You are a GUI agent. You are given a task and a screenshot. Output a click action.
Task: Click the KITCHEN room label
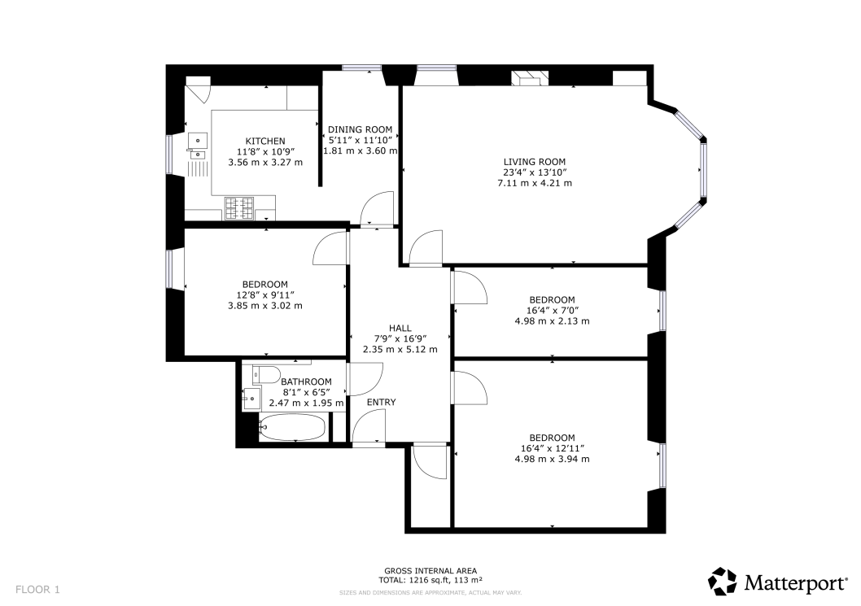pyautogui.click(x=265, y=141)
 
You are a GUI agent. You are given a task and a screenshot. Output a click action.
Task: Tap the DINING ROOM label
pyautogui.click(x=361, y=129)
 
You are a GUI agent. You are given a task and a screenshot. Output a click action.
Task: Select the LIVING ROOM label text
pyautogui.click(x=535, y=162)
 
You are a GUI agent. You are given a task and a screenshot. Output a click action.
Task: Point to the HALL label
pyautogui.click(x=400, y=329)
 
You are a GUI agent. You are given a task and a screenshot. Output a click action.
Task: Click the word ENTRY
pyautogui.click(x=381, y=403)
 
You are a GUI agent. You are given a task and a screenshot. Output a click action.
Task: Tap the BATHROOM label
pyautogui.click(x=307, y=381)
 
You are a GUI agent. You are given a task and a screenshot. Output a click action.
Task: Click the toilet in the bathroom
pyautogui.click(x=266, y=375)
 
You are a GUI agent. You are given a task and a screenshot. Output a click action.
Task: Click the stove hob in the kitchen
pyautogui.click(x=239, y=208)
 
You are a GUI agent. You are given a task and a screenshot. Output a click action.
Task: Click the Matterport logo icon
pyautogui.click(x=722, y=582)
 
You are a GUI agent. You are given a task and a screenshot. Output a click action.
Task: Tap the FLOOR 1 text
pyautogui.click(x=37, y=590)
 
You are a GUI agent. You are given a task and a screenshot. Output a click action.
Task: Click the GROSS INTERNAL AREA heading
pyautogui.click(x=430, y=571)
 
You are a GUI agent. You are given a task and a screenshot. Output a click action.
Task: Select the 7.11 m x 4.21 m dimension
pyautogui.click(x=535, y=183)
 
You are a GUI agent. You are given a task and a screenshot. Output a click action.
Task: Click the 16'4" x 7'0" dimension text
pyautogui.click(x=552, y=310)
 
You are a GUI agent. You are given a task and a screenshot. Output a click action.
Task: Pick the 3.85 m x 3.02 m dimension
pyautogui.click(x=265, y=305)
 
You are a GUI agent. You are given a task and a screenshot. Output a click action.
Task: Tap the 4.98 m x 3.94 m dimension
pyautogui.click(x=552, y=459)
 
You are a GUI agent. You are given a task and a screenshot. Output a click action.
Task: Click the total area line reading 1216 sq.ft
pyautogui.click(x=430, y=580)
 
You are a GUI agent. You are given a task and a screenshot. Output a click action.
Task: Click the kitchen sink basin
pyautogui.click(x=198, y=141)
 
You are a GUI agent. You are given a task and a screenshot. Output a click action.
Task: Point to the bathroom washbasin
pyautogui.click(x=252, y=396)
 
